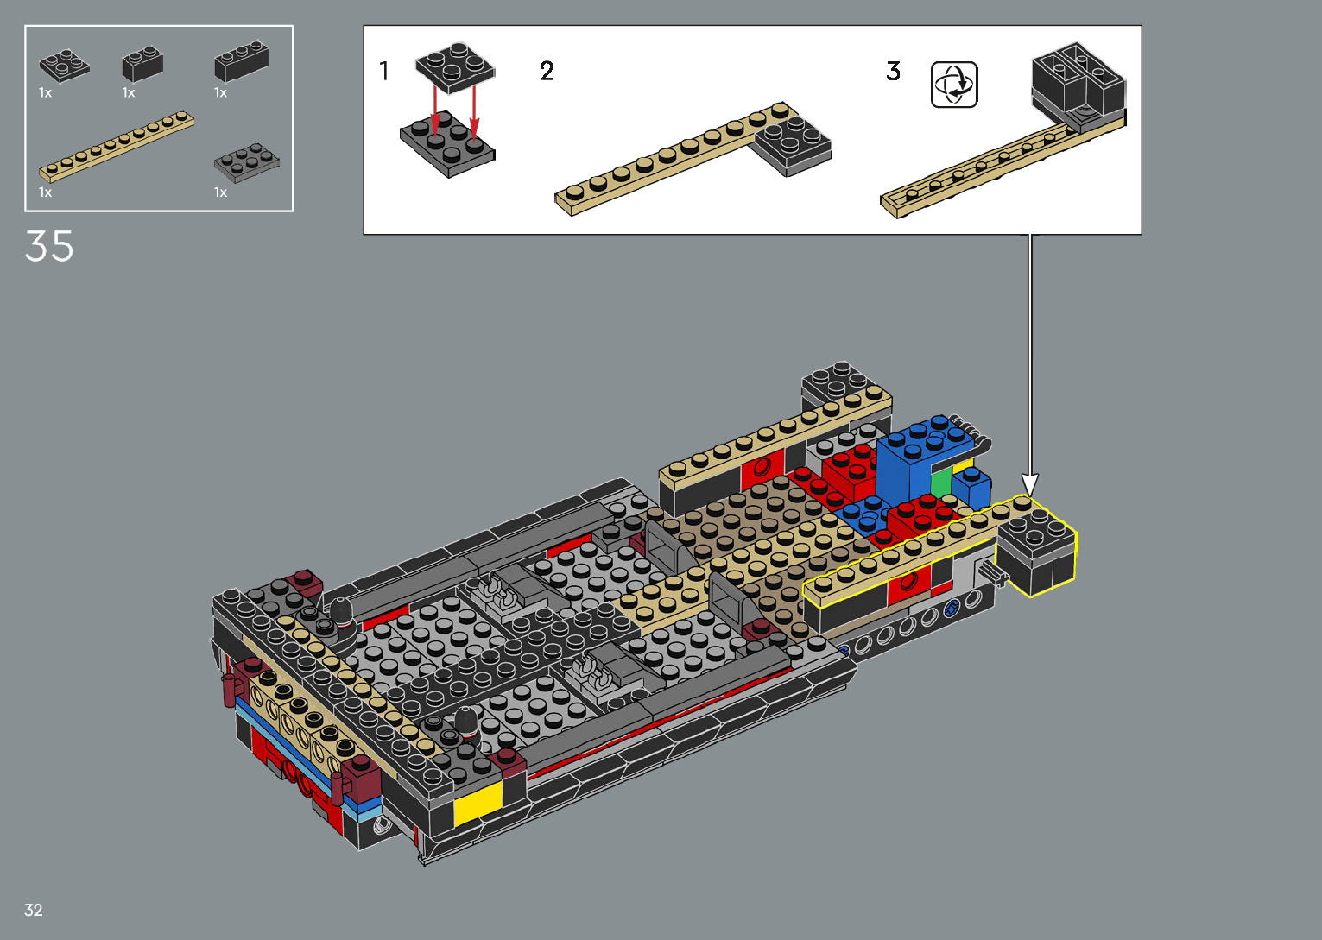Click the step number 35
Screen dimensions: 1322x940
pyautogui.click(x=49, y=246)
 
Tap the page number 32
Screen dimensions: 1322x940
pyautogui.click(x=33, y=910)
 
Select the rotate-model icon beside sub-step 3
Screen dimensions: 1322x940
pyautogui.click(x=954, y=85)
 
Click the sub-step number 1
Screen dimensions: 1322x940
pyautogui.click(x=384, y=71)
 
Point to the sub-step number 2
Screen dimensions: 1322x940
pyautogui.click(x=547, y=72)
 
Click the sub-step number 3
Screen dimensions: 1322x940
pyautogui.click(x=893, y=72)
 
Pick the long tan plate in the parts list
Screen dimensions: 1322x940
pyautogui.click(x=117, y=146)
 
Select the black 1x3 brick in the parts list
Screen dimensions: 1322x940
pyautogui.click(x=242, y=60)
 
